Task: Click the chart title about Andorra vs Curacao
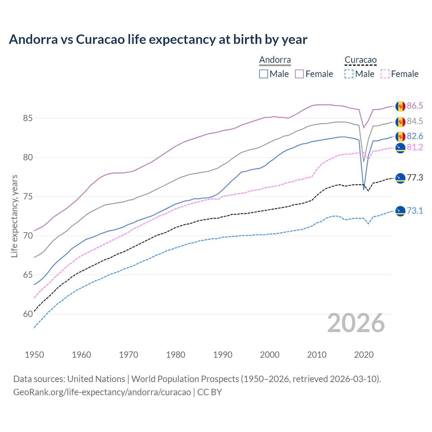(158, 39)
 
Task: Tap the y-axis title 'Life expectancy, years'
(14, 216)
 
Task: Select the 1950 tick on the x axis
(34, 355)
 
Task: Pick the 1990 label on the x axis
(223, 355)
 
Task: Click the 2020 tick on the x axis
(364, 355)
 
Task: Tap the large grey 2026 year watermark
(356, 323)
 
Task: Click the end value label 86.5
(414, 106)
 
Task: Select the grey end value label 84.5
(414, 121)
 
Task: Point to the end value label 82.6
(414, 136)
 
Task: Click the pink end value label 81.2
(414, 147)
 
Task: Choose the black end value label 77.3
(414, 178)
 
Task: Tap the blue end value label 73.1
(414, 211)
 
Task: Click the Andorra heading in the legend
(275, 60)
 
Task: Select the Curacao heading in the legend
(360, 60)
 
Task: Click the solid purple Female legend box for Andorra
(299, 74)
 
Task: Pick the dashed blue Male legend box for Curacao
(349, 74)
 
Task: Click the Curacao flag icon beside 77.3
(400, 178)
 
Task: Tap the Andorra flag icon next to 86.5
(400, 106)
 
